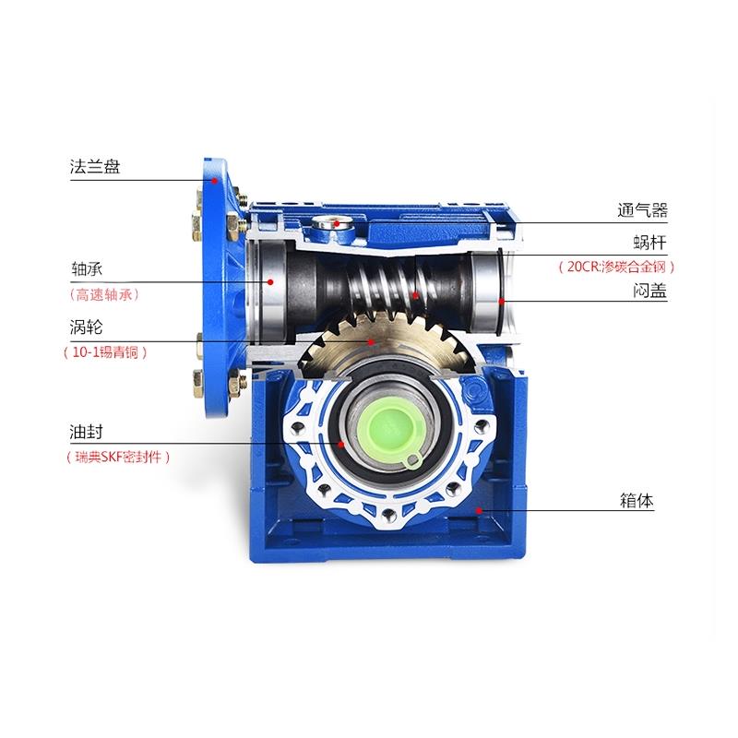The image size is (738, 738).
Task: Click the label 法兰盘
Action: coord(95,167)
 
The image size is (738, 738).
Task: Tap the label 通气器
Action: coord(642,210)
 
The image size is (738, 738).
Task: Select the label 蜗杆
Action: coord(650,243)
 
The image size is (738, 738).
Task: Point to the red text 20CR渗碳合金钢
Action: coord(616,267)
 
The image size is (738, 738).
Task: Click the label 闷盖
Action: coord(650,291)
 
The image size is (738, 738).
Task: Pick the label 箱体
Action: coord(637,500)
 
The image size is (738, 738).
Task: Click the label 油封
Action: coord(86,432)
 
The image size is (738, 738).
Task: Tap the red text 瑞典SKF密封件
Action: coord(118,457)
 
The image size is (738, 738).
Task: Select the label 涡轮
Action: coord(86,327)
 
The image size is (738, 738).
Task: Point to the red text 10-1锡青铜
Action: coord(105,352)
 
